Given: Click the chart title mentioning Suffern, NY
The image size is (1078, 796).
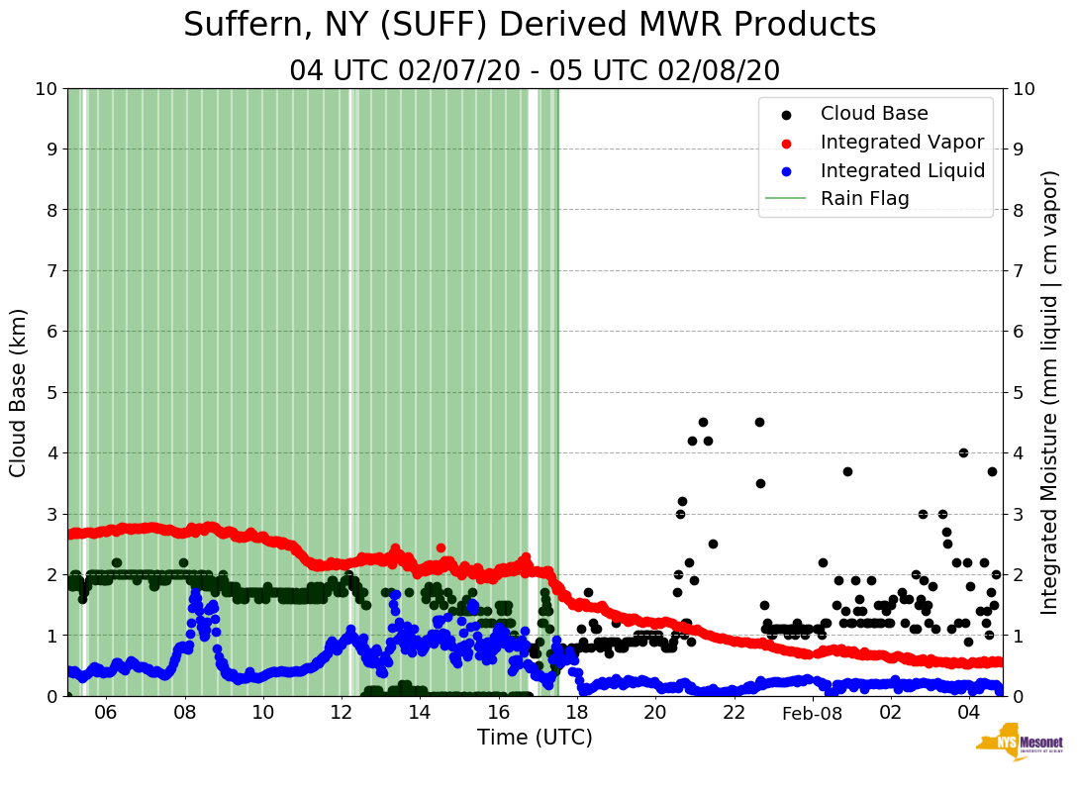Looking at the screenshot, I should pos(530,25).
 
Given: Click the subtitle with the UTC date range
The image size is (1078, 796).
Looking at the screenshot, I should pos(535,71).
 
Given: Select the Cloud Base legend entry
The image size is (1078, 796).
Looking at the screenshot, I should pos(874,114).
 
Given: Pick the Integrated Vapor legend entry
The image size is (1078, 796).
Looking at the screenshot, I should pos(902,142).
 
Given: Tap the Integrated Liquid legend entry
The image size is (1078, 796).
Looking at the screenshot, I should pos(903,170).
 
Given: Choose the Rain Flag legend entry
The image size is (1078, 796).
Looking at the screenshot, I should pos(864,198).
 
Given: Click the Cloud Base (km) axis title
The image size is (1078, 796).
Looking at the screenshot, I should pos(19,392).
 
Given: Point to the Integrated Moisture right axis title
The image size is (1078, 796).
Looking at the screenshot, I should pos(1050,392).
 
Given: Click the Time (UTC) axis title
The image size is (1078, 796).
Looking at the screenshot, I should pos(535,738).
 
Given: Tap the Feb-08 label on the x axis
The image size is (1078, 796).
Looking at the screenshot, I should pos(812,713).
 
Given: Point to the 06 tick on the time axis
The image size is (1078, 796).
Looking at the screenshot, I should pos(106,713).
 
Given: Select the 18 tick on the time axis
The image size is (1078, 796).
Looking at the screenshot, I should pos(577,713).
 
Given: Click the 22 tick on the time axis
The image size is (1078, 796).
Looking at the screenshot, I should pos(734,713).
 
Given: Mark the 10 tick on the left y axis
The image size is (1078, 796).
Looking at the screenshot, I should pos(46,89).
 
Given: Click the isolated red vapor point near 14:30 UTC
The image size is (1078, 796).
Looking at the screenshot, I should pos(441,547).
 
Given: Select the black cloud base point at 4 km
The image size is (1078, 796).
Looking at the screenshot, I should pos(963,452).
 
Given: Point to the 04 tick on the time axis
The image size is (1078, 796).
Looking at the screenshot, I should pos(968,713).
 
